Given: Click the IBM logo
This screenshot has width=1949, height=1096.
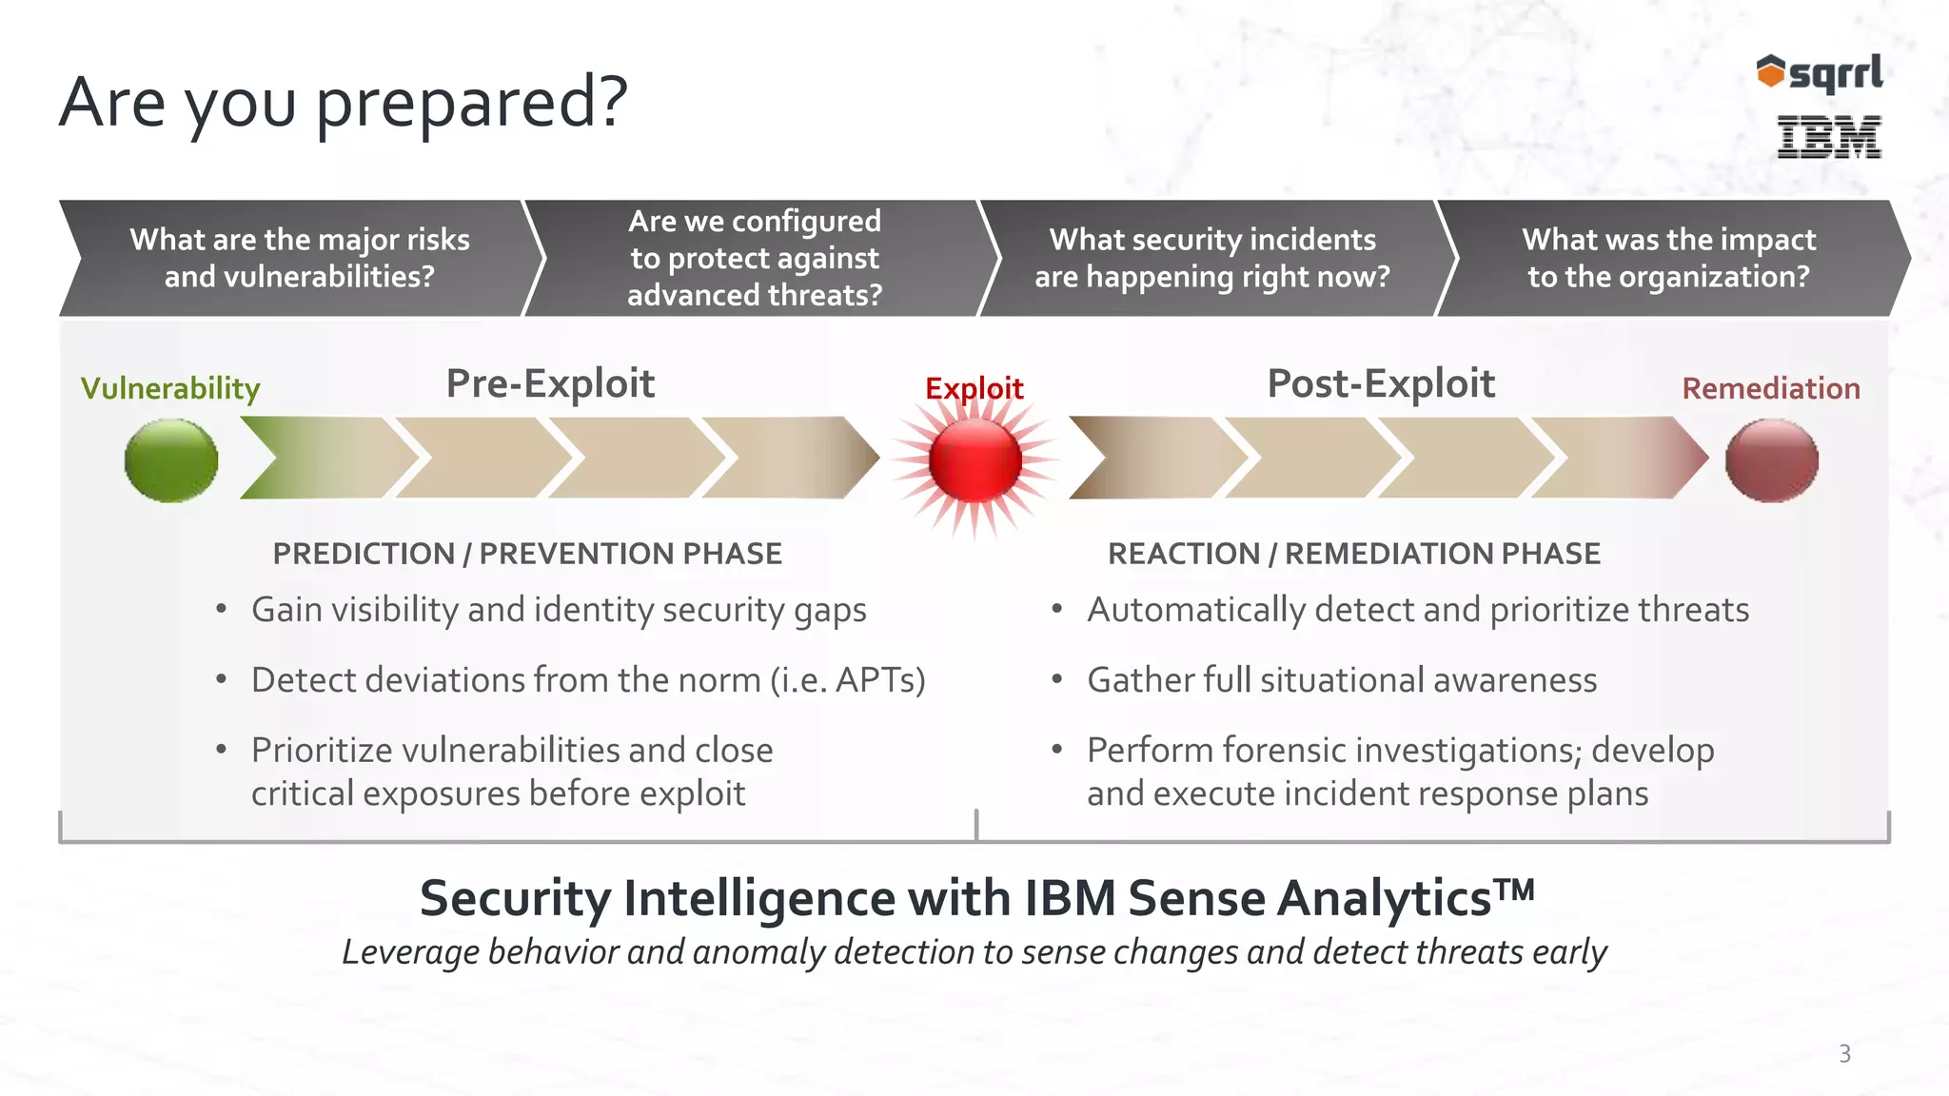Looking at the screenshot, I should [x=1829, y=137].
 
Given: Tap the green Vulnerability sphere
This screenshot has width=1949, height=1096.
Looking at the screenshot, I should [x=171, y=460].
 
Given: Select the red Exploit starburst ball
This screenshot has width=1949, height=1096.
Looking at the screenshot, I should [x=974, y=460].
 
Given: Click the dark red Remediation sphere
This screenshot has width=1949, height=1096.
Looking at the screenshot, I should [x=1771, y=460].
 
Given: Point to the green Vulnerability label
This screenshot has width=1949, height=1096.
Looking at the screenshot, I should [x=170, y=388].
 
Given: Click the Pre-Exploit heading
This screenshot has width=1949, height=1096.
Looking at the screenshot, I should [x=550, y=383].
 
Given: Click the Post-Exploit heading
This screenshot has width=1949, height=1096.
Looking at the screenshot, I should [x=1381, y=383].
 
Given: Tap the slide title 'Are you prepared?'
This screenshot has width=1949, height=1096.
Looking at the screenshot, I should [x=344, y=102].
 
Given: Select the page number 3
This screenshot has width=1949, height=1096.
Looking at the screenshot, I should [x=1844, y=1054].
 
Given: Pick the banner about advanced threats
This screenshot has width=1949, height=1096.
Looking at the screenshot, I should [x=755, y=258].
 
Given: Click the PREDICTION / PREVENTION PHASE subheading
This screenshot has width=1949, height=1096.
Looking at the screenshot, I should [x=527, y=554].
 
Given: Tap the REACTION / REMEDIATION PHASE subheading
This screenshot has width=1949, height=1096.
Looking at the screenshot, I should [x=1353, y=554].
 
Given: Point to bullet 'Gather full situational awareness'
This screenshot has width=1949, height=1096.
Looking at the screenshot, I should [x=1342, y=680].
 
